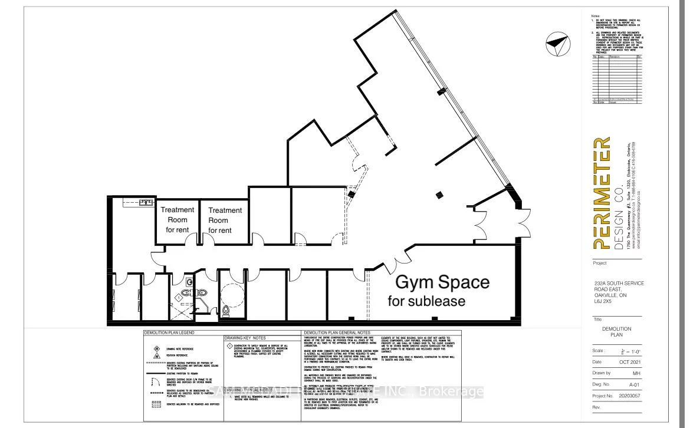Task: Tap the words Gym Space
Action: click(x=442, y=282)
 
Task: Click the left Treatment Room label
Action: click(x=178, y=219)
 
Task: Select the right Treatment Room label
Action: click(x=225, y=220)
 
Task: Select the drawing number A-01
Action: click(x=618, y=384)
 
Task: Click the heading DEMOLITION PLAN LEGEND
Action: click(x=170, y=333)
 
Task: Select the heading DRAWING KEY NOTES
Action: click(x=247, y=338)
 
